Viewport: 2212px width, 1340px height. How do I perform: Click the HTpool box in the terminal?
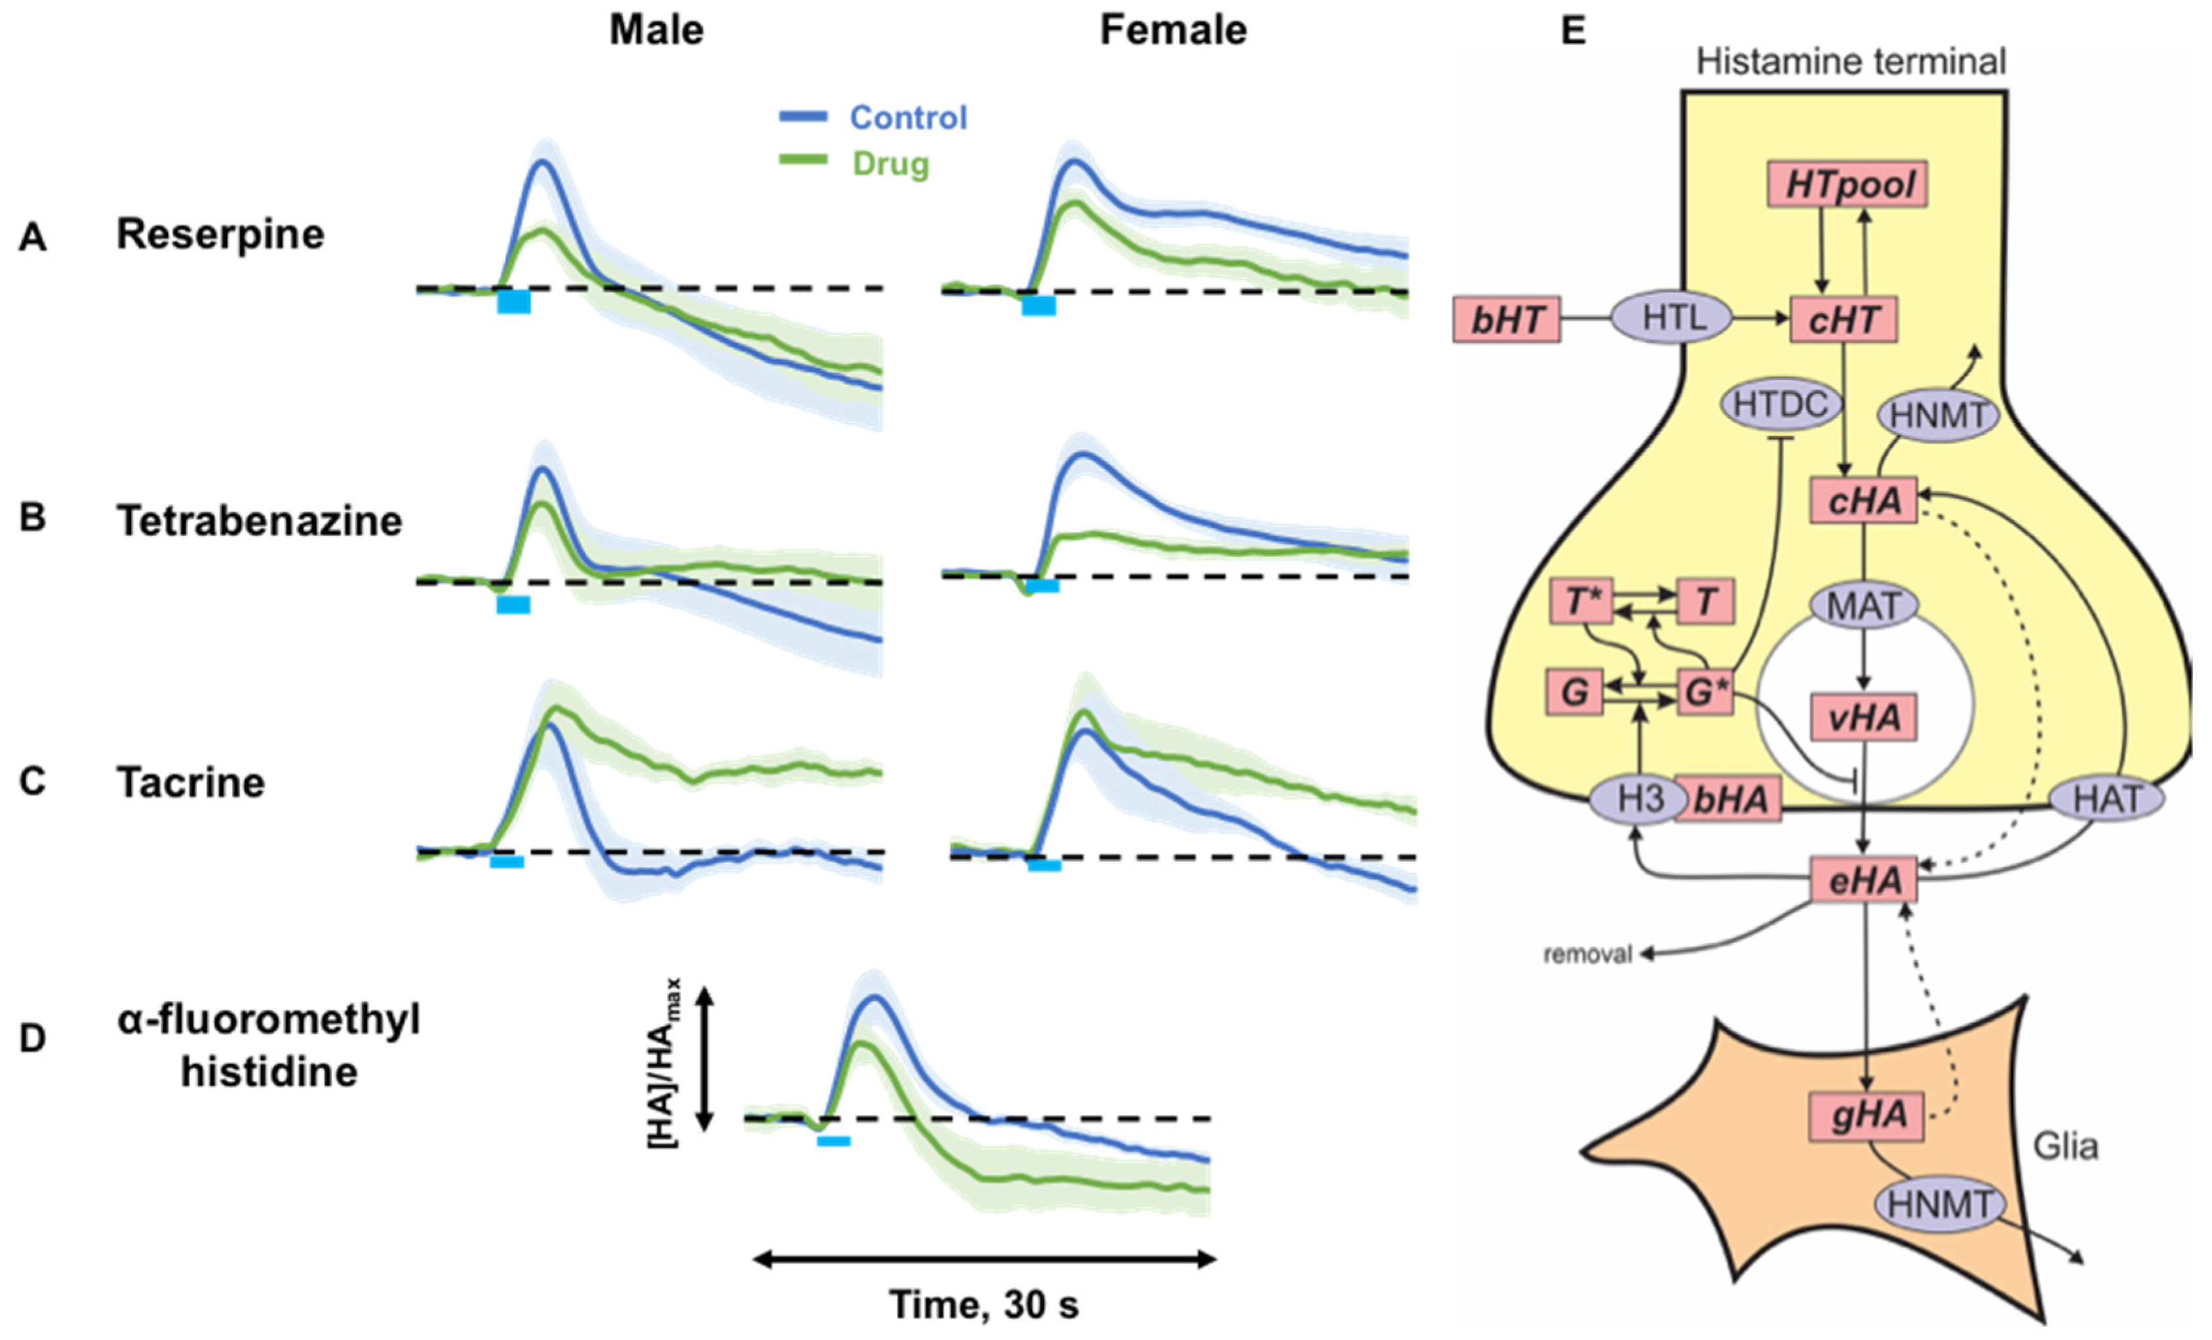(x=1848, y=184)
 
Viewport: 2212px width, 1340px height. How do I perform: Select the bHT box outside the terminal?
(x=1507, y=319)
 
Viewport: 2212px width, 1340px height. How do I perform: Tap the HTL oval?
(x=1672, y=318)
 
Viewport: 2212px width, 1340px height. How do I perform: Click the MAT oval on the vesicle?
(x=1864, y=606)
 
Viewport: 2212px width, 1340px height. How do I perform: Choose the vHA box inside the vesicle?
(x=1865, y=718)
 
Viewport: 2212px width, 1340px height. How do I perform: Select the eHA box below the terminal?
(x=1865, y=881)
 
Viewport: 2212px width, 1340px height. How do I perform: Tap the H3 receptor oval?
(x=1639, y=798)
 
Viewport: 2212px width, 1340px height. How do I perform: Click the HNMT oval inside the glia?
(x=1939, y=1204)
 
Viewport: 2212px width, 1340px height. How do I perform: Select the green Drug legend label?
(x=890, y=165)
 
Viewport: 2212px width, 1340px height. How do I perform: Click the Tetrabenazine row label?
(x=260, y=521)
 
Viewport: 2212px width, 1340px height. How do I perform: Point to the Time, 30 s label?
(x=984, y=1304)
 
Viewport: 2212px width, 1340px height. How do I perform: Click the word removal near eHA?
(x=1587, y=954)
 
